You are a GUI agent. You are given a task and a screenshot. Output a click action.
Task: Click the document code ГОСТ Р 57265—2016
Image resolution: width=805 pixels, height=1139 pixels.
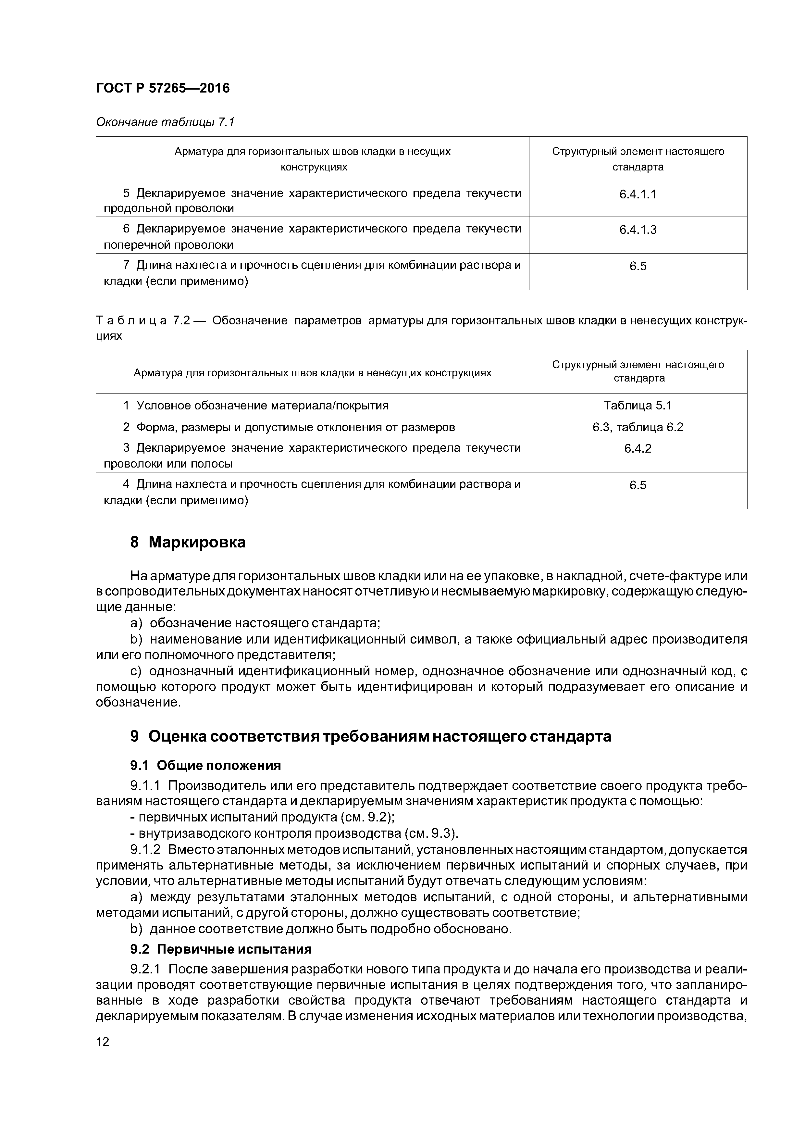(163, 88)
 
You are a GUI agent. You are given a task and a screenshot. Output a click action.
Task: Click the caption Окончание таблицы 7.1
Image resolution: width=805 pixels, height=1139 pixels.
(165, 122)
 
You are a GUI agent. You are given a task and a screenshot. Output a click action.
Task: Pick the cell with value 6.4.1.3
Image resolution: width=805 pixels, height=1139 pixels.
(638, 230)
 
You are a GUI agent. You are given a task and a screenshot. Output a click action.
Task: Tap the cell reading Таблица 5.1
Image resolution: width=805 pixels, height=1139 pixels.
(638, 405)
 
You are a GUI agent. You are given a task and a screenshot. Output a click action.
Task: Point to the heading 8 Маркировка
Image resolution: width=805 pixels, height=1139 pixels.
(188, 543)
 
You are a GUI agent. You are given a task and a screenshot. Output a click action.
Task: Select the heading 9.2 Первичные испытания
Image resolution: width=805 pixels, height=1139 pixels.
(221, 949)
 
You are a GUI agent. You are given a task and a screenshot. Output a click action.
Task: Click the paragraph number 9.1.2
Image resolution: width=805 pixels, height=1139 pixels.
(145, 850)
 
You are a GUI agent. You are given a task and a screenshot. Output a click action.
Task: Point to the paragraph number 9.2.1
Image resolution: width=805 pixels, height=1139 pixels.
(145, 969)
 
